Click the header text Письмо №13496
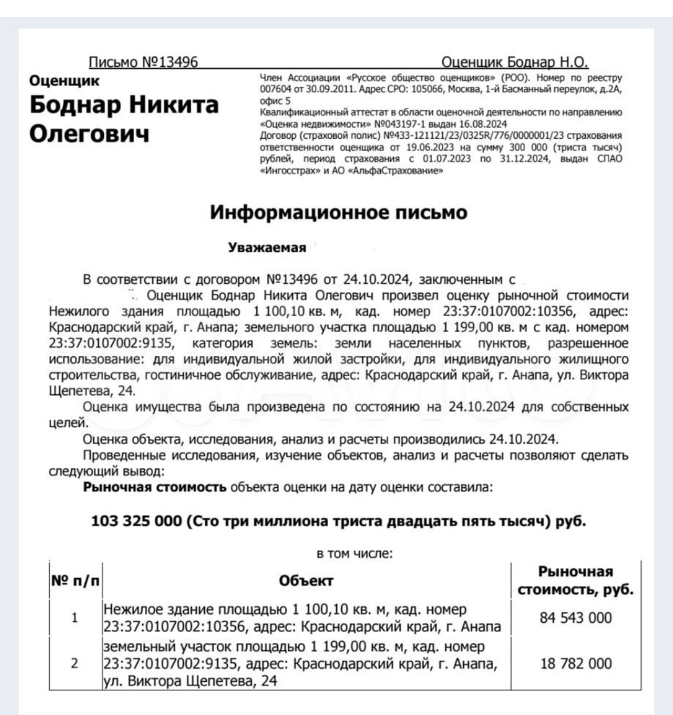(143, 62)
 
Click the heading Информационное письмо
(338, 212)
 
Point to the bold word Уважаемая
(267, 248)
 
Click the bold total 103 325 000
(135, 522)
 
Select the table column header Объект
(306, 581)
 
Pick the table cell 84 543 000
(575, 618)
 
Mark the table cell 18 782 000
(575, 664)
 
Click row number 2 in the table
(75, 664)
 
